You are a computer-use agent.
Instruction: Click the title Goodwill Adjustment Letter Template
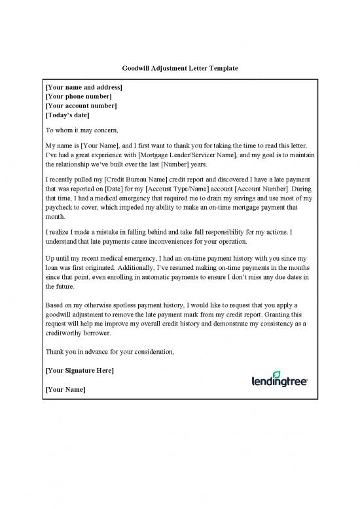coord(180,68)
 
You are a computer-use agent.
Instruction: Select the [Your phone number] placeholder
coord(79,96)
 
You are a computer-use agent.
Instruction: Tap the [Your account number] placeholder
coord(81,105)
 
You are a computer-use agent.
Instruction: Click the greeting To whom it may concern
coord(82,130)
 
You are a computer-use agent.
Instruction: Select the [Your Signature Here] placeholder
coord(79,371)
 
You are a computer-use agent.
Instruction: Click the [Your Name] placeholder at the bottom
coord(65,390)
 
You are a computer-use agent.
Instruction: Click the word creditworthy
coord(67,333)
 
